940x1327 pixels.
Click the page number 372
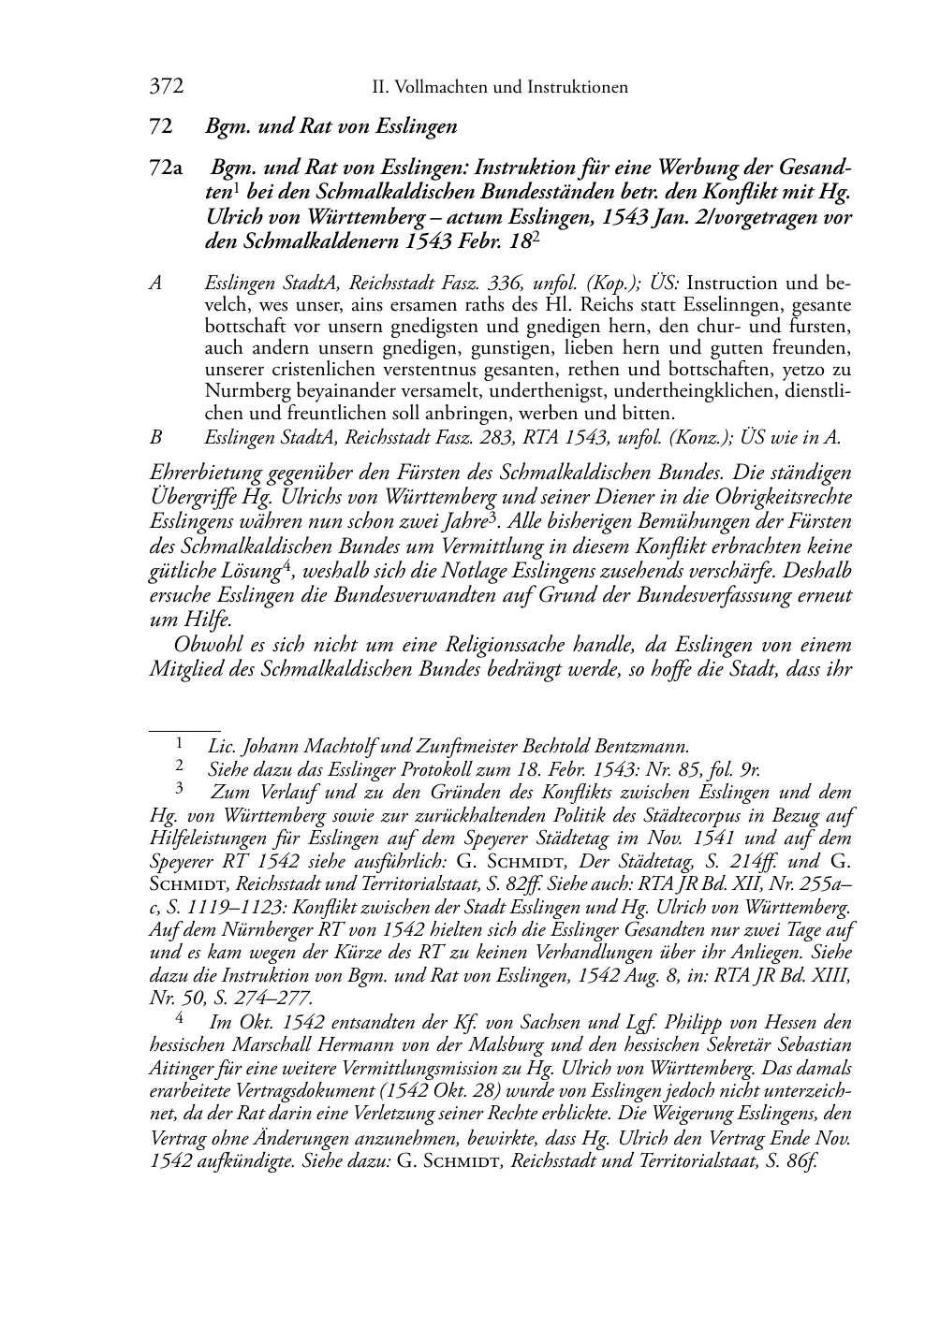(166, 88)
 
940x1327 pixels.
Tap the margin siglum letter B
(156, 436)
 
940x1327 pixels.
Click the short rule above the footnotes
(184, 726)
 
